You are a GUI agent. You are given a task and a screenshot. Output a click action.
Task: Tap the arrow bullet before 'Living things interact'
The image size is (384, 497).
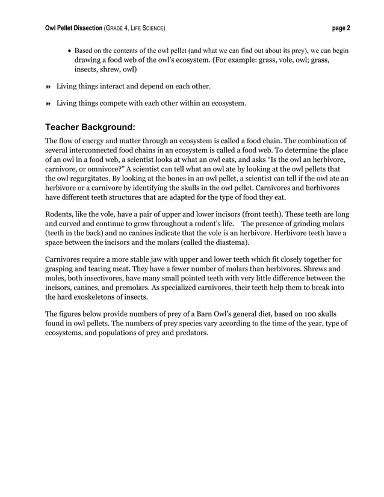48,87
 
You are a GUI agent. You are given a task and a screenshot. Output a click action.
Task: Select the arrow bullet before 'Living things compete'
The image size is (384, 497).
48,103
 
